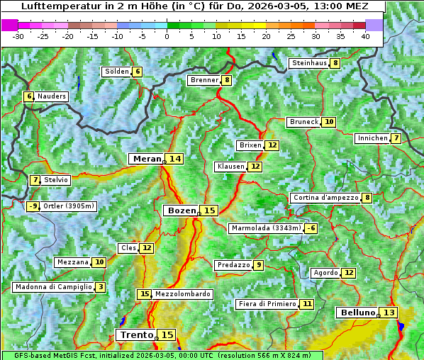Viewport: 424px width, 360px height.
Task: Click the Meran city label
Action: click(x=147, y=159)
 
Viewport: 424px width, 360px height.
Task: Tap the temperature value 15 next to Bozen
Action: click(x=209, y=210)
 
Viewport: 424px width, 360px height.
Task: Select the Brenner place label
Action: click(x=204, y=80)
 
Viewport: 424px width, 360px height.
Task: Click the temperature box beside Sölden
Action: click(x=138, y=72)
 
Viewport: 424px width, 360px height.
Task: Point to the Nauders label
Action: click(x=52, y=96)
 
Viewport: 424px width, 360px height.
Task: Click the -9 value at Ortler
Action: click(x=33, y=206)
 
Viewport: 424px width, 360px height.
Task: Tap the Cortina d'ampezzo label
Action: click(x=325, y=198)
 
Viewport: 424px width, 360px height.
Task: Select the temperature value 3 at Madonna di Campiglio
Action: click(x=101, y=287)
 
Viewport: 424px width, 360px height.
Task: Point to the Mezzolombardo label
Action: click(x=182, y=294)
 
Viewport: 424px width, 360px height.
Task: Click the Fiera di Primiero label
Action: click(x=267, y=304)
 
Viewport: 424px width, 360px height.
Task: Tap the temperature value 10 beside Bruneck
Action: click(x=329, y=122)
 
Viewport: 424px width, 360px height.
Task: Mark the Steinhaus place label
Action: click(x=308, y=63)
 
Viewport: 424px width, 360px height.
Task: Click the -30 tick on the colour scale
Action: click(x=18, y=36)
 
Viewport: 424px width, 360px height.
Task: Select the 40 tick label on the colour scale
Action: click(x=365, y=36)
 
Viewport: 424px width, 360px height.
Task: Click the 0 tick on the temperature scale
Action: click(x=167, y=36)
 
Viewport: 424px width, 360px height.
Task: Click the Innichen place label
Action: click(x=372, y=138)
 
